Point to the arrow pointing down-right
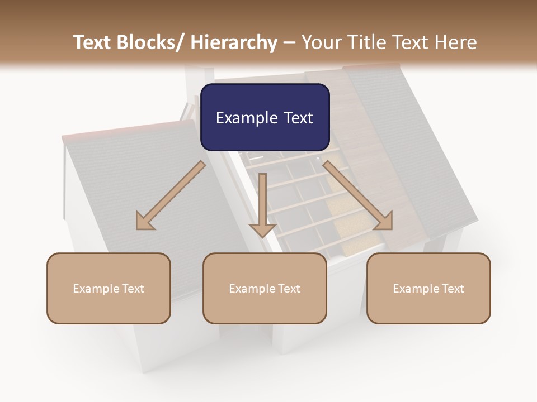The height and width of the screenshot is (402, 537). tap(358, 195)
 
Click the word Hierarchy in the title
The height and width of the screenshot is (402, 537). tap(234, 42)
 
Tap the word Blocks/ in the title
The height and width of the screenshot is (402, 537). tap(153, 42)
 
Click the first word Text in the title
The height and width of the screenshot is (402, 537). tap(94, 42)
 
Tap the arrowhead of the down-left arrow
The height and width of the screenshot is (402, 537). tap(144, 222)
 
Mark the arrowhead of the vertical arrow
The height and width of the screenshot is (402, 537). tap(262, 229)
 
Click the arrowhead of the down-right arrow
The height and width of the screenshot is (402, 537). tap(384, 222)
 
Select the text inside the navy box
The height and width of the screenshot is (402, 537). tap(265, 118)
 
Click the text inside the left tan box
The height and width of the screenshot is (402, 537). tap(109, 289)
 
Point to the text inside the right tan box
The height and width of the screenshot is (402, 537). tap(428, 289)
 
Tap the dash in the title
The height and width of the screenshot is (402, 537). tap(289, 42)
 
